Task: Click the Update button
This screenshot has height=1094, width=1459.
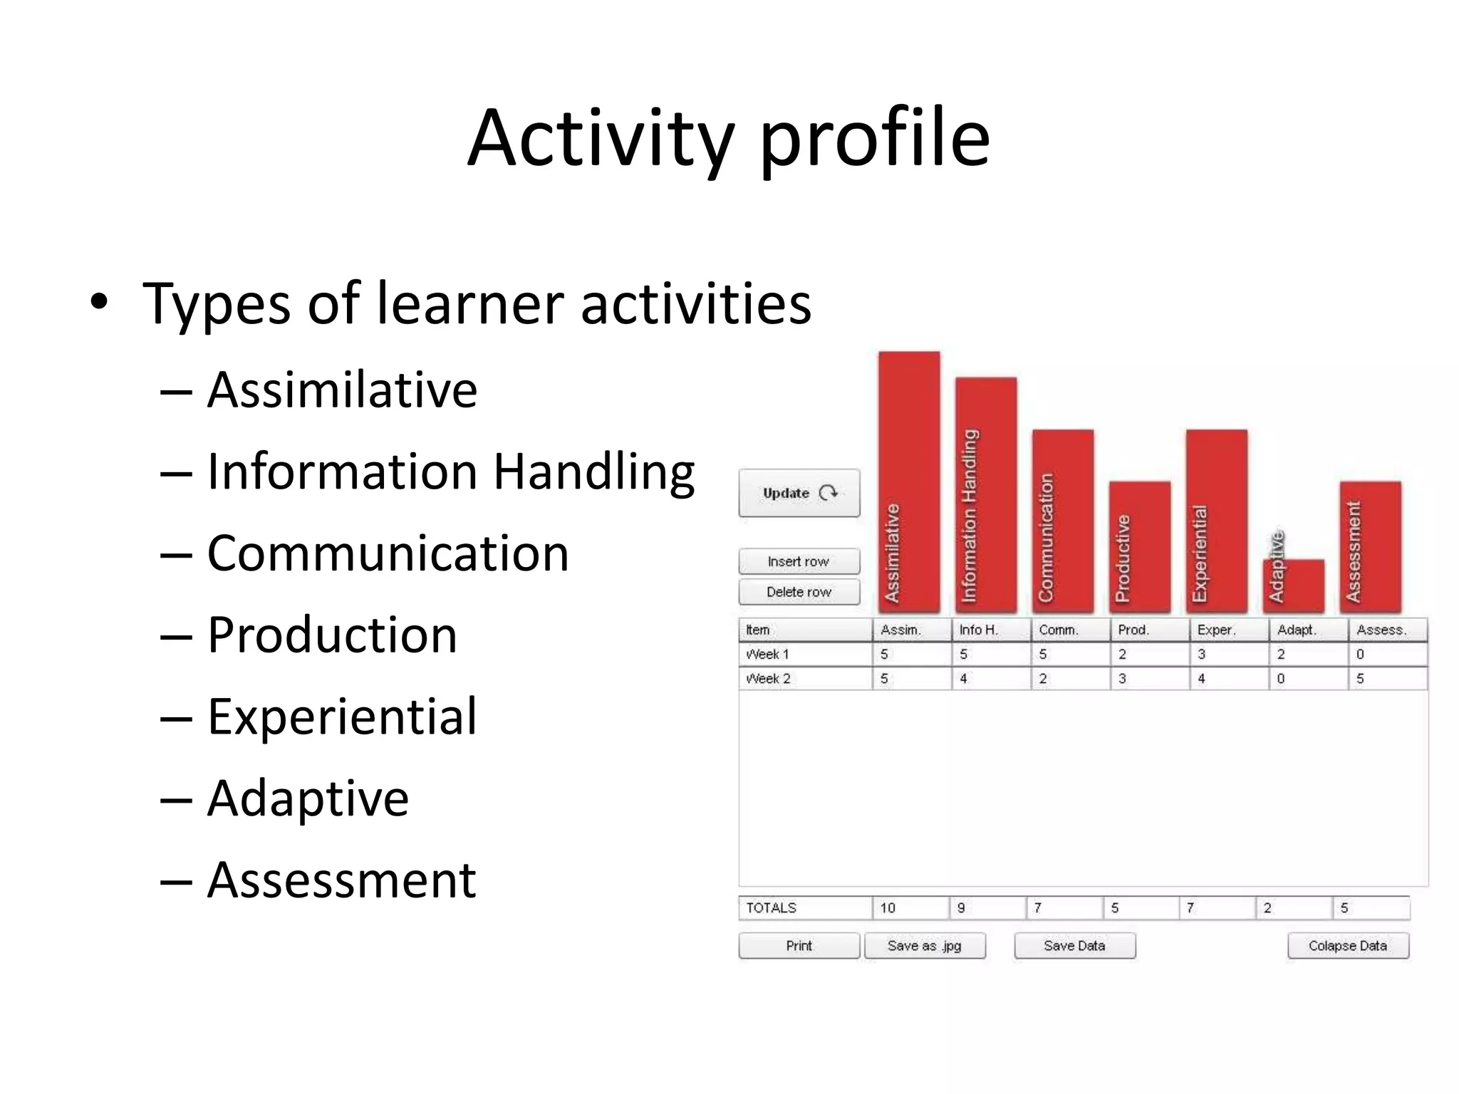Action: tap(799, 493)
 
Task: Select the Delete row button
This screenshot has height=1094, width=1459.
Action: tap(799, 592)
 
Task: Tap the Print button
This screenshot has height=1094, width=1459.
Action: tap(799, 946)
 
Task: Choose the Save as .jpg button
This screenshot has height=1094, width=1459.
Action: tap(925, 946)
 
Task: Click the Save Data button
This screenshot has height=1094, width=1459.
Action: tap(1074, 946)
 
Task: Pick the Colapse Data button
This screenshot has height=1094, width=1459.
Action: tap(1348, 946)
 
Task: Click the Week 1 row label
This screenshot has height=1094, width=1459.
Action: tap(768, 654)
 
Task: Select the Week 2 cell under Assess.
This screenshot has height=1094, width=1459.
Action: tap(1386, 679)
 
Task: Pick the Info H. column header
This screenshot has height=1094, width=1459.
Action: tap(979, 630)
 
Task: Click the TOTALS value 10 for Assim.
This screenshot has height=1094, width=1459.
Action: tap(888, 908)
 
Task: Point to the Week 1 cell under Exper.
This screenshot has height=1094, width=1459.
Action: tap(1227, 654)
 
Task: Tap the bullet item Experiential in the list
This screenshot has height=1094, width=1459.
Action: tap(342, 716)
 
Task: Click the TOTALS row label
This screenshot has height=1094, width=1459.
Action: tap(772, 908)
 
